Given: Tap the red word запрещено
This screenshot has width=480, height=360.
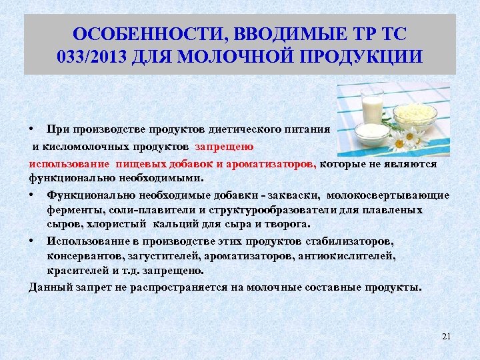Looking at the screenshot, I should coord(224,145).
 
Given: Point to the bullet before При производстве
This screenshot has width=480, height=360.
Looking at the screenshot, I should coord(33,129).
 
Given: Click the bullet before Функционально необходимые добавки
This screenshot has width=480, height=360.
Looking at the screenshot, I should coord(33,195).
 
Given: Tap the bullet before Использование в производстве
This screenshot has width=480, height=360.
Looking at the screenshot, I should coord(33,241).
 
